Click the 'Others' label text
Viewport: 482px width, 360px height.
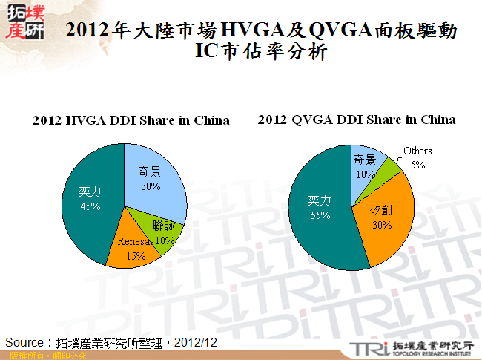click(417, 151)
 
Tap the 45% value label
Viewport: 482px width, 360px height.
click(90, 207)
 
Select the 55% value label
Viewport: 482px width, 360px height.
click(320, 215)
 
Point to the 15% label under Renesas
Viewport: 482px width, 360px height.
click(136, 255)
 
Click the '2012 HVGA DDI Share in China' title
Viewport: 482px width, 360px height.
click(131, 120)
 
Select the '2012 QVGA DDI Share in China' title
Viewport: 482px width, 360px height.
click(357, 120)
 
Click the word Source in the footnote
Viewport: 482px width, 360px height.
click(25, 342)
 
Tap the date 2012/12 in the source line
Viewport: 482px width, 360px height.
click(197, 342)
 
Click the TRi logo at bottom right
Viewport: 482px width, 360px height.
click(366, 349)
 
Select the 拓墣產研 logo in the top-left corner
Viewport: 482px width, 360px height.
click(24, 20)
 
